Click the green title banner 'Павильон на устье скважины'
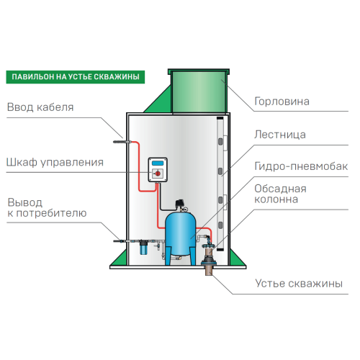pos(72,76)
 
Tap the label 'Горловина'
pos(282,102)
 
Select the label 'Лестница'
pos(280,135)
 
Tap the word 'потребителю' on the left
pos(54,213)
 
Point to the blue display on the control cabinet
pos(157,163)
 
